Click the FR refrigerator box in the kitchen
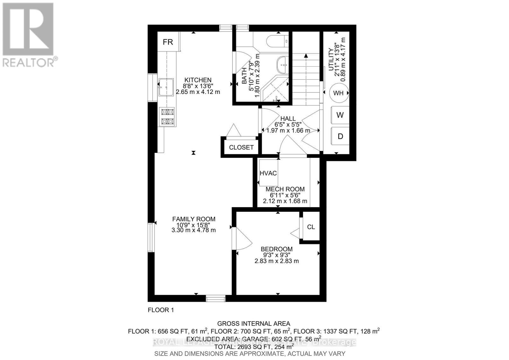pos(168,42)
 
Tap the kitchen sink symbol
pos(166,87)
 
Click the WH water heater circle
pos(338,93)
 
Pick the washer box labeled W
pos(340,115)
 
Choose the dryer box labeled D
pos(340,136)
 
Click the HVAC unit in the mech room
pos(268,173)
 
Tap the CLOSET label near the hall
pos(241,147)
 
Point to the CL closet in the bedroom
pos(311,227)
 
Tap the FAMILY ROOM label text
pos(193,219)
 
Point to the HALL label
pos(288,118)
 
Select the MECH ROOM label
pos(285,189)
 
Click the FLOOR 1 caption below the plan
pos(161,310)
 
